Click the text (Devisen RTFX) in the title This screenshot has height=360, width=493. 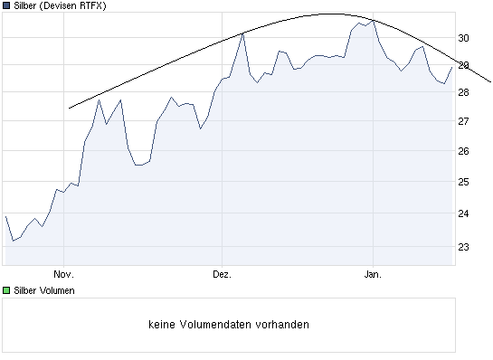tap(78, 6)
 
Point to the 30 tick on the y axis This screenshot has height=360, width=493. tap(462, 38)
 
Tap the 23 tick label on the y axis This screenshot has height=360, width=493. tap(462, 246)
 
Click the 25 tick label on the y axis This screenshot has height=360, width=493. tap(462, 182)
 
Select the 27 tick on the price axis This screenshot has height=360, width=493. tap(462, 121)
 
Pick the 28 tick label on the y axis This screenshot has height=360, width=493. tap(462, 92)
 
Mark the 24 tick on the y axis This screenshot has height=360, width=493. tap(462, 213)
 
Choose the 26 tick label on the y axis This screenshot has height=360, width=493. tap(462, 151)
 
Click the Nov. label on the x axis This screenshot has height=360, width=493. tap(62, 271)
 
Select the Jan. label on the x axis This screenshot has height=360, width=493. tap(373, 271)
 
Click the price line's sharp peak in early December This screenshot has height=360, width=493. tap(243, 33)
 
